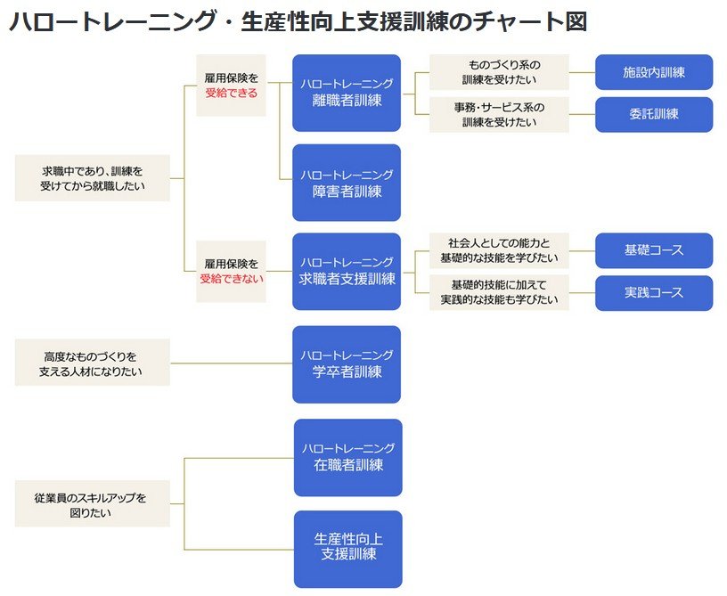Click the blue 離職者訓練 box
[347, 93]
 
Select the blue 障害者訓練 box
[347, 182]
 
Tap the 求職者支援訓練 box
[347, 271]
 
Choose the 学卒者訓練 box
[347, 363]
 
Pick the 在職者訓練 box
[347, 457]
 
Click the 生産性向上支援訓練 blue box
[347, 548]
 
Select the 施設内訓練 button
[654, 72]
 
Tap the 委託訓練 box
[654, 114]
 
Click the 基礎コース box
[654, 250]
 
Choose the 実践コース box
[654, 292]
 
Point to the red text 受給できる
[231, 93]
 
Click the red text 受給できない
[231, 278]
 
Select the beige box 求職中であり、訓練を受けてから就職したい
[93, 178]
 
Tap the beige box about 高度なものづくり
[93, 363]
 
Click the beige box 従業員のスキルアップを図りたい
[93, 504]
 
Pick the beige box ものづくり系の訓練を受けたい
[499, 72]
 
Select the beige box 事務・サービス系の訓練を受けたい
[499, 114]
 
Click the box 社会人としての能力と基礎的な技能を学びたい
[499, 250]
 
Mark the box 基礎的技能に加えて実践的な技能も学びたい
[499, 292]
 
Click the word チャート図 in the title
[534, 21]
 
